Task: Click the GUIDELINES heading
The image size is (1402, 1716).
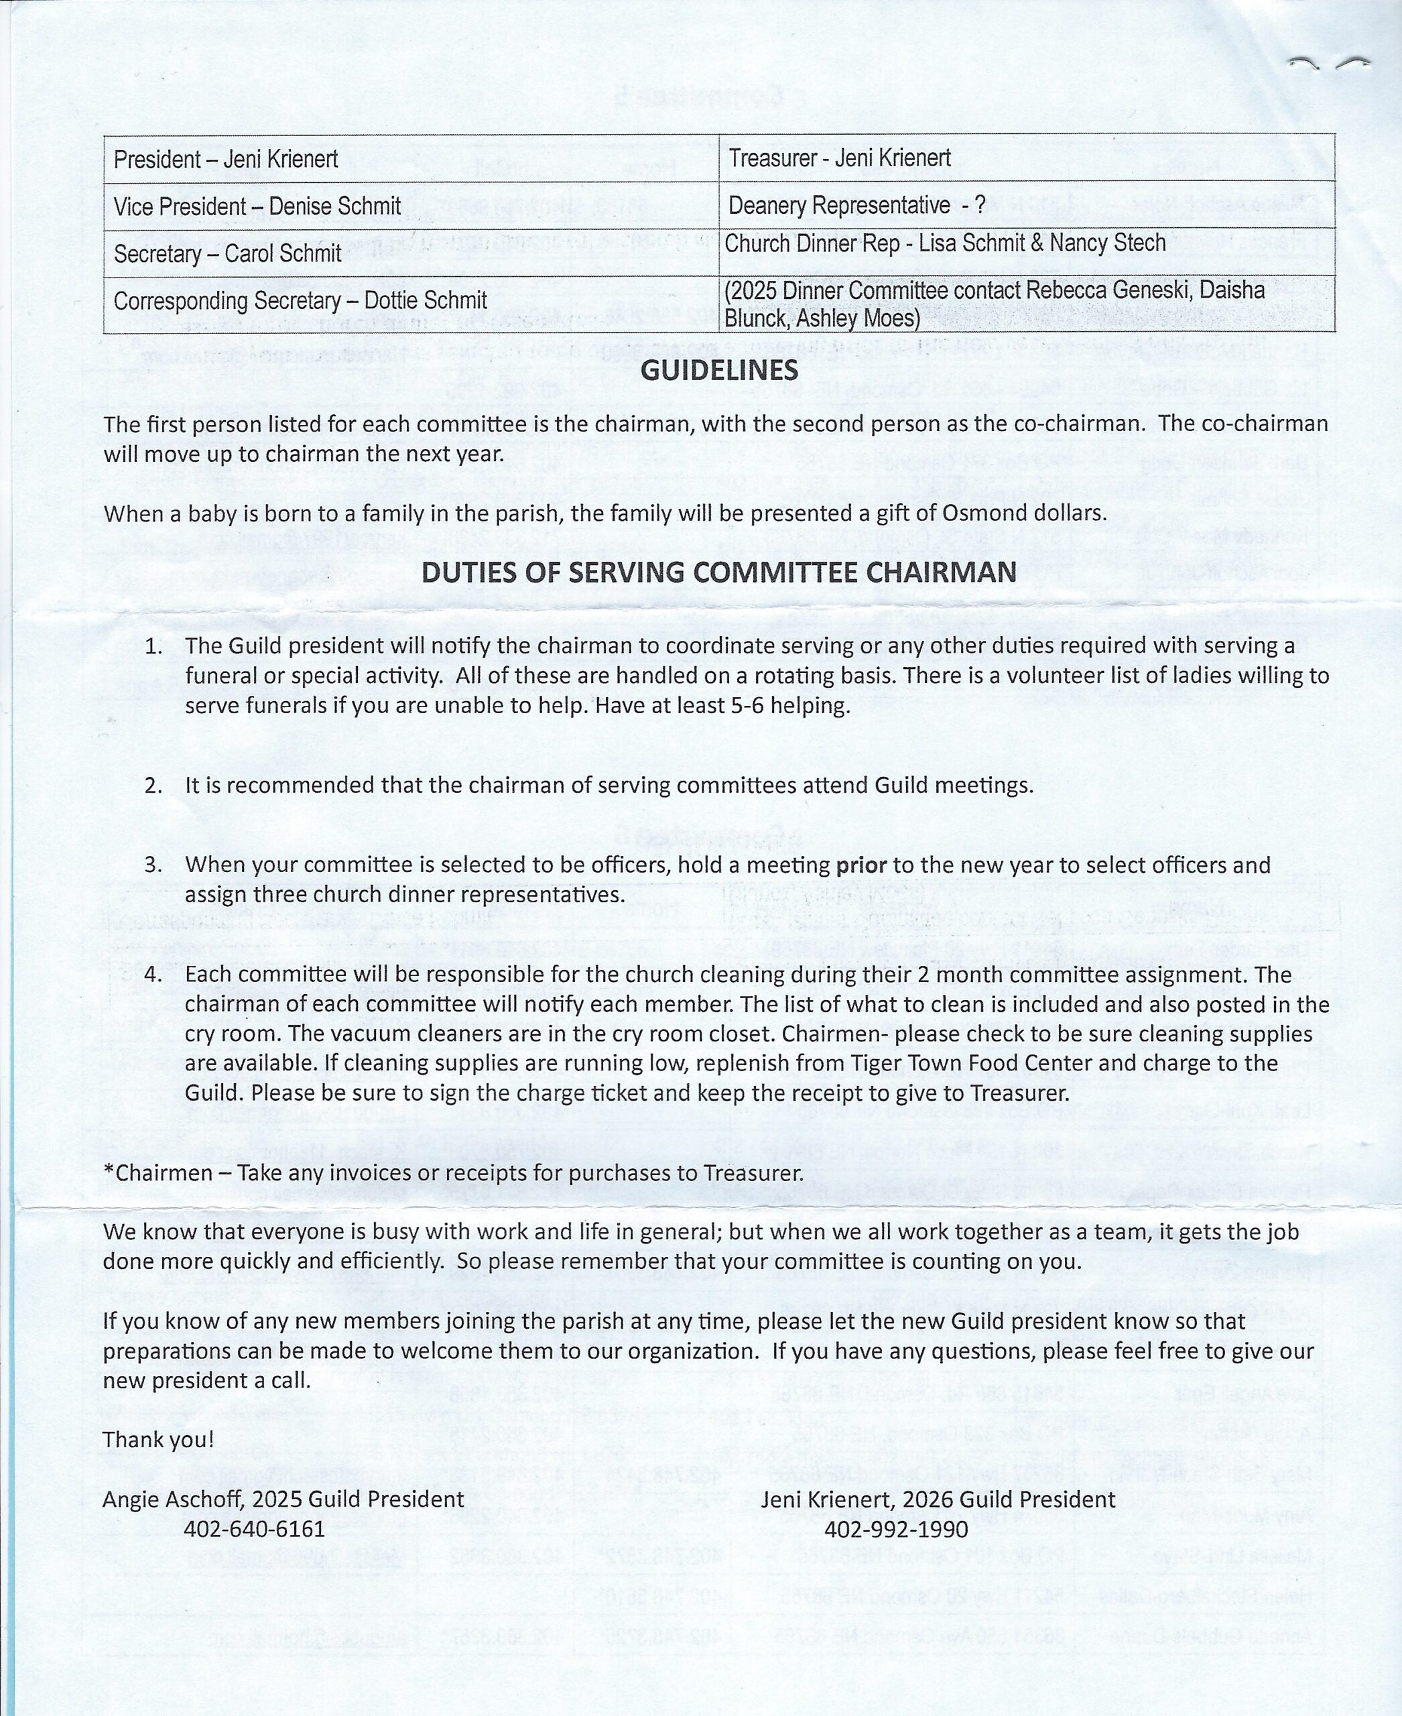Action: (x=719, y=370)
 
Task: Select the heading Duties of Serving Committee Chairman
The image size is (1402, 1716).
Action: (x=719, y=572)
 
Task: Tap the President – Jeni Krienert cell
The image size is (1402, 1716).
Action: (x=225, y=159)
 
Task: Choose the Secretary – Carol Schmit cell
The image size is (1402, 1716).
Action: (x=227, y=253)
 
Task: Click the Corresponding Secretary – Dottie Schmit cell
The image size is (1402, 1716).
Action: (x=300, y=300)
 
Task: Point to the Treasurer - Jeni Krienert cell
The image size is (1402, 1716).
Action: (x=839, y=158)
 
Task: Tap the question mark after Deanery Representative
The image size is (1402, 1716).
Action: (x=980, y=205)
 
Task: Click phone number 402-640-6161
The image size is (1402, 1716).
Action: (x=255, y=1528)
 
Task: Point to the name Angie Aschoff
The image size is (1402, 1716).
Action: (x=172, y=1499)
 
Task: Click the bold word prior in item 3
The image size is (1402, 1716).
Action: (x=861, y=865)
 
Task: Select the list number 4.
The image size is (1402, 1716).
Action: (x=153, y=975)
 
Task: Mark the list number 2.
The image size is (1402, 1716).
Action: (x=153, y=786)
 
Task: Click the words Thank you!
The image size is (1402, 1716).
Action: (x=158, y=1439)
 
